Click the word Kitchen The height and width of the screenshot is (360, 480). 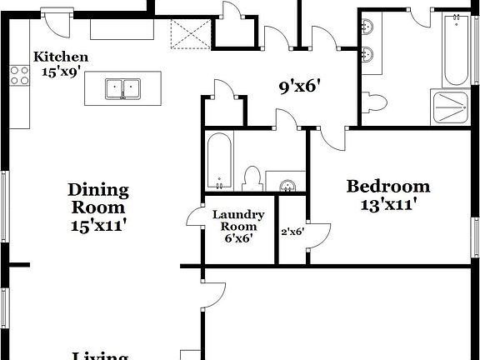(61, 57)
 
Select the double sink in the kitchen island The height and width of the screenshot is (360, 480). (122, 88)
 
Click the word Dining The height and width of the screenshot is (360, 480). (98, 190)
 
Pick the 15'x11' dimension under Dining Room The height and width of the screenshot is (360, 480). (98, 224)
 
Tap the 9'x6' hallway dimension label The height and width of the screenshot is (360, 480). (300, 85)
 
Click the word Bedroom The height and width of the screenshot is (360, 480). (388, 186)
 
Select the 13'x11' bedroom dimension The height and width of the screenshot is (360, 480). (388, 202)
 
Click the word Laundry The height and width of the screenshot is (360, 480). (238, 214)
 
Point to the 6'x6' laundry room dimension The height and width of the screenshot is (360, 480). (238, 238)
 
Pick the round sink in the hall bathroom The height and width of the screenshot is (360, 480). (287, 186)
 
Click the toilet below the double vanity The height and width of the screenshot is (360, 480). (376, 103)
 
